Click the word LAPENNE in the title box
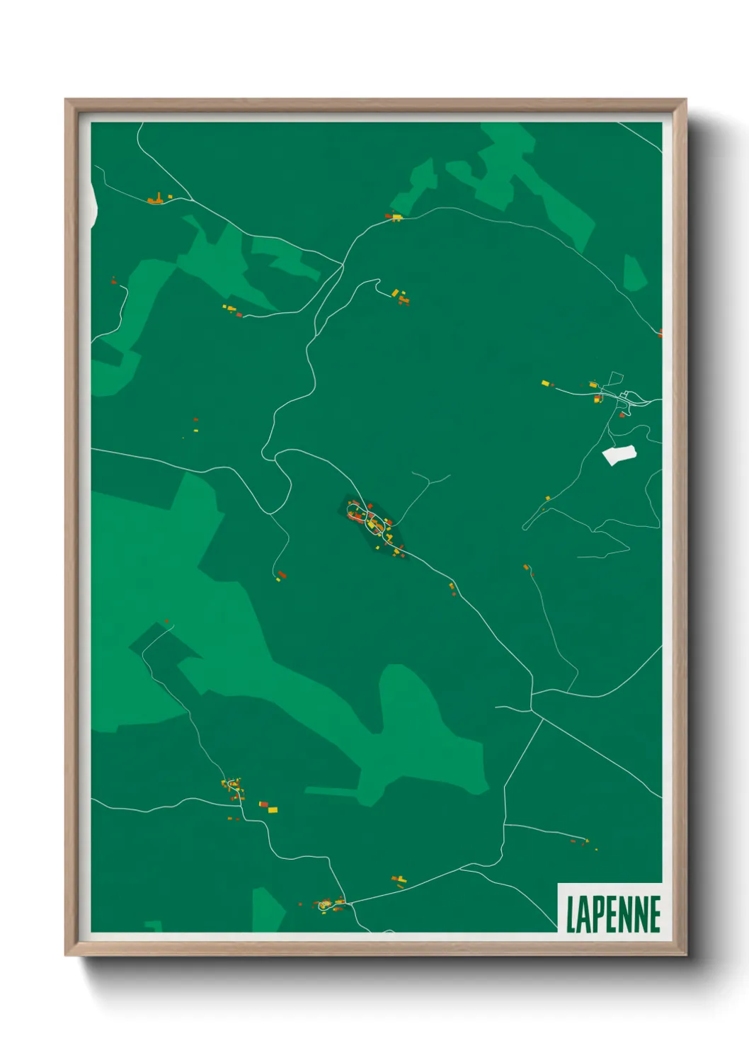click(613, 914)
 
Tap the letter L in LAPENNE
click(571, 914)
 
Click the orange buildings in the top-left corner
click(156, 200)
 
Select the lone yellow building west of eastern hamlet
click(546, 383)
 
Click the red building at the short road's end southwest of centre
click(281, 575)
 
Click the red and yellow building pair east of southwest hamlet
click(268, 807)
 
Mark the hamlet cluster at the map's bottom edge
click(327, 904)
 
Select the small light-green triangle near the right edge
click(634, 273)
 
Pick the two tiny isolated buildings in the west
click(195, 425)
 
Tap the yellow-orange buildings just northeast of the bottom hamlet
click(400, 881)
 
